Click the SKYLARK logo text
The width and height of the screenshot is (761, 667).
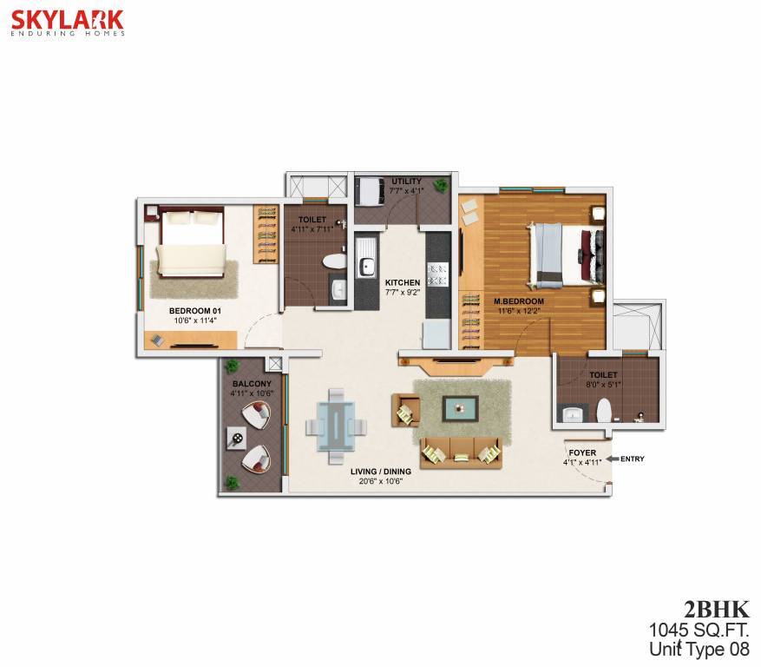click(x=68, y=19)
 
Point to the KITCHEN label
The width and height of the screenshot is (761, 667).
click(x=403, y=283)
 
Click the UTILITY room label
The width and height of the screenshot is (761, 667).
click(x=406, y=181)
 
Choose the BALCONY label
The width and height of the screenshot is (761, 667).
click(x=252, y=383)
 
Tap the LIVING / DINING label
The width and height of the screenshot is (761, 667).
click(x=382, y=472)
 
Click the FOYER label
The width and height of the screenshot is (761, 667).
click(x=581, y=453)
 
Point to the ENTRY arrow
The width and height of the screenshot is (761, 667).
click(x=612, y=459)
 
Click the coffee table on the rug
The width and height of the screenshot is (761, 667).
click(x=459, y=407)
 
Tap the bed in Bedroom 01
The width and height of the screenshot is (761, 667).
click(x=193, y=248)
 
